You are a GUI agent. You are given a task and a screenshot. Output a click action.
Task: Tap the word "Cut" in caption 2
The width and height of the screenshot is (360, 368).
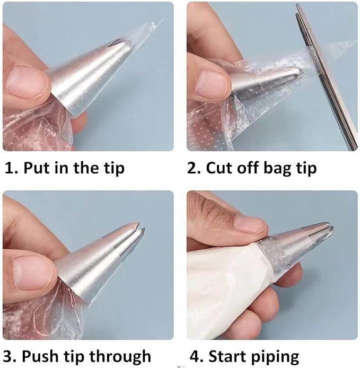(219, 168)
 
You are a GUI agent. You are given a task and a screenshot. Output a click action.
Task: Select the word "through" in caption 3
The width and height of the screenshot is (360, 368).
(120, 356)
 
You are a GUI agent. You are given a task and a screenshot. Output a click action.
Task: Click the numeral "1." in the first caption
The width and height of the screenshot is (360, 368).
(11, 168)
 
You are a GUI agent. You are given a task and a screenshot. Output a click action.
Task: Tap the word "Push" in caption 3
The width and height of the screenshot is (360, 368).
(39, 356)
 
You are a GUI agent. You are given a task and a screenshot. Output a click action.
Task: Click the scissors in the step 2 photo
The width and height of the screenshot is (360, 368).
(326, 75)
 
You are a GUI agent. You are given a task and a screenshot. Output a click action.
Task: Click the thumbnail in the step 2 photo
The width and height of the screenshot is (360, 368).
(211, 83)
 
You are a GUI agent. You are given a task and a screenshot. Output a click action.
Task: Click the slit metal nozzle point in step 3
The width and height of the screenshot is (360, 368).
(138, 227)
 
